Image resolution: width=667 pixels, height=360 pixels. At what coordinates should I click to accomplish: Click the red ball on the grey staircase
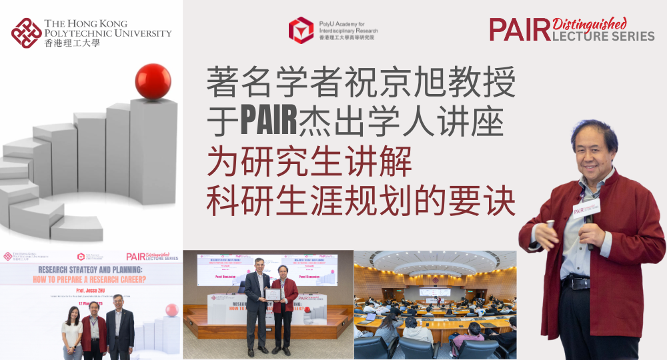(153, 81)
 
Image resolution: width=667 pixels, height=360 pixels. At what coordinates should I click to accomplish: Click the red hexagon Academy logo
(301, 30)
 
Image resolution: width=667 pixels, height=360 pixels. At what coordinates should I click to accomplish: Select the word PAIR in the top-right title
(521, 29)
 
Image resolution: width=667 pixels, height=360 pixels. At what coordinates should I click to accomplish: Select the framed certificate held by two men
(272, 295)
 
